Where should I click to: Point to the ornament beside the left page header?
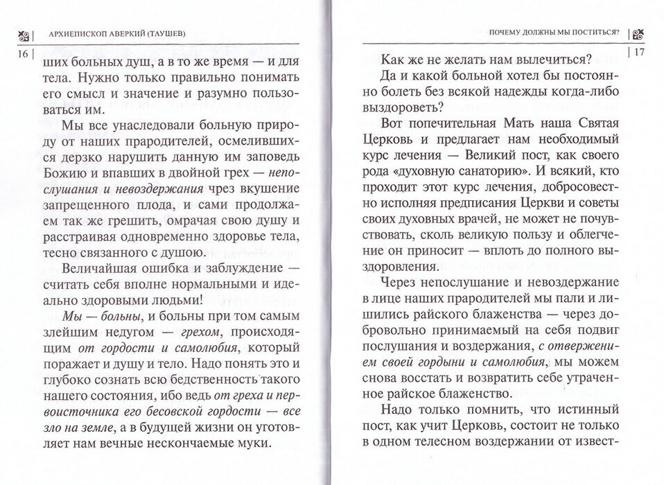pos(24,35)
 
